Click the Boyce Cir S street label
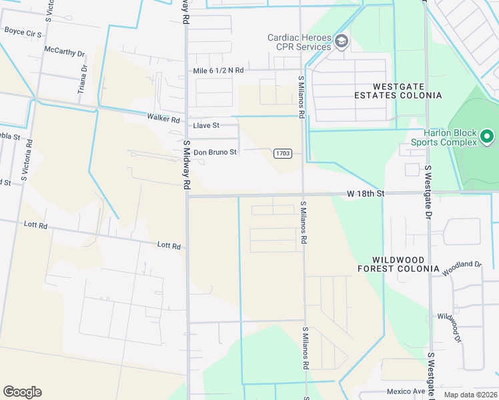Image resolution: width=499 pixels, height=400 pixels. click(x=23, y=31)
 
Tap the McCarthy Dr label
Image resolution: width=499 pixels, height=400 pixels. click(x=65, y=52)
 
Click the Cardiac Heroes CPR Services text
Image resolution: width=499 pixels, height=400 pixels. click(x=300, y=42)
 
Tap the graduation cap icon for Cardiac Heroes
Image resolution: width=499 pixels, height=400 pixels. click(x=342, y=42)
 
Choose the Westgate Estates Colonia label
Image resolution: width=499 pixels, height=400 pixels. click(x=407, y=91)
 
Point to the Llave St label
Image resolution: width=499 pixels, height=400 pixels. click(x=205, y=125)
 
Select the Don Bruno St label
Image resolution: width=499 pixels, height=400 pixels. click(x=215, y=152)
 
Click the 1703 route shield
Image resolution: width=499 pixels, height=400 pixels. click(x=283, y=153)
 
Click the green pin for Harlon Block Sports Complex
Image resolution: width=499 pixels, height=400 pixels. click(x=487, y=137)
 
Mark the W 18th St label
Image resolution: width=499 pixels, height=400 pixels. click(x=366, y=193)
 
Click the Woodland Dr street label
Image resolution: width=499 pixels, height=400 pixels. click(x=462, y=268)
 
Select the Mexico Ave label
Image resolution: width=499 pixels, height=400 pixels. click(x=406, y=391)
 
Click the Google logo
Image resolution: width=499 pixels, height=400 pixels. click(x=22, y=392)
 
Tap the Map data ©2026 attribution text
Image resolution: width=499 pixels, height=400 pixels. click(x=470, y=395)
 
